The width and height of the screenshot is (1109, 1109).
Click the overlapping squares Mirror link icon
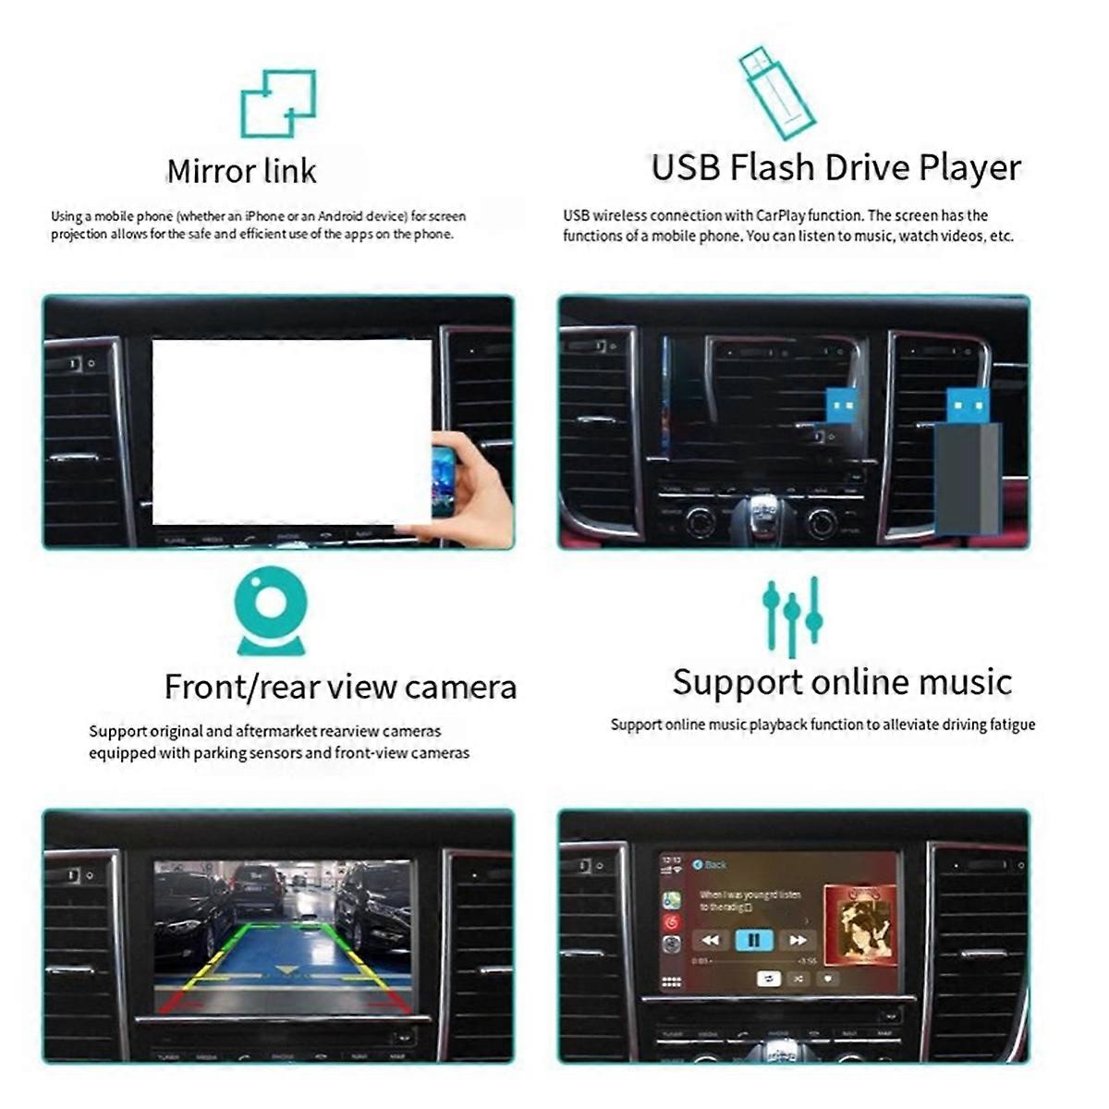(x=278, y=103)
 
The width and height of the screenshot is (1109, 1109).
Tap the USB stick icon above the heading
(x=776, y=92)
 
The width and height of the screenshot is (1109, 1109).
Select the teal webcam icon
(x=271, y=611)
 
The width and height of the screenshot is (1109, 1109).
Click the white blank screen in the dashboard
(x=291, y=432)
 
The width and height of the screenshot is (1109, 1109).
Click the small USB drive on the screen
(x=842, y=407)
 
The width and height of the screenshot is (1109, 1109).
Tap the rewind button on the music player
(x=710, y=940)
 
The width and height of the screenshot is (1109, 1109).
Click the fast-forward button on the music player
(x=797, y=940)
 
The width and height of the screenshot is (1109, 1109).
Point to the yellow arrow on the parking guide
(x=285, y=970)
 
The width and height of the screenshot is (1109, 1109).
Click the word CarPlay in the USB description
(x=781, y=215)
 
